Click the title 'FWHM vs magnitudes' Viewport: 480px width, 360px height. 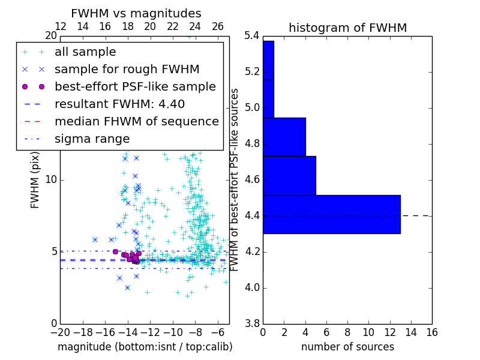point(136,13)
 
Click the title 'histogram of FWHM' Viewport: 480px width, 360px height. point(347,28)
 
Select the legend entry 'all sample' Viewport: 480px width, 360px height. point(85,52)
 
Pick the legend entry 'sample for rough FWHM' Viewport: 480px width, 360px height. point(127,69)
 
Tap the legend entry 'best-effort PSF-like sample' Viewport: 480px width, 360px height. point(135,86)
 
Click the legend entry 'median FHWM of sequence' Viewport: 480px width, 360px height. point(136,121)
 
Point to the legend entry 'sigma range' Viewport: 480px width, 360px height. point(92,139)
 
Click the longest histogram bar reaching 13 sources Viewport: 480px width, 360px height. point(331,214)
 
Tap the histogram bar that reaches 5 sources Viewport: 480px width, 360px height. point(289,175)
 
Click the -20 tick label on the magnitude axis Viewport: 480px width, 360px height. point(60,332)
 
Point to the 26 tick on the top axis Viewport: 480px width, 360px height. point(218,26)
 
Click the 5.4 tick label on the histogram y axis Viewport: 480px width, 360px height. point(251,36)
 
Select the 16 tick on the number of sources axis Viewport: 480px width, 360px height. point(431,332)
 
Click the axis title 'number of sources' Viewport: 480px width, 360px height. point(347,347)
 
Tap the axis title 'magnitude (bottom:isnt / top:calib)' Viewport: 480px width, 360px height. point(145,347)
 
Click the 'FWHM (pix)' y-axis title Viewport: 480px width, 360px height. point(35,180)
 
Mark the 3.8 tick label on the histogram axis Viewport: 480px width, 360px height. point(251,323)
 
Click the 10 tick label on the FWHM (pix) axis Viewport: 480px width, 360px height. point(51,180)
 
